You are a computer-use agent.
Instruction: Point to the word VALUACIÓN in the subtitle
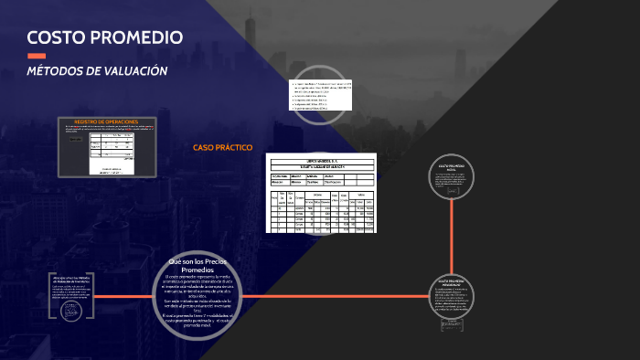(x=140, y=71)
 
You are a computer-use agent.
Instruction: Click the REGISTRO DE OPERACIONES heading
(x=105, y=121)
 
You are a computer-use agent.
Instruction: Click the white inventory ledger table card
(x=321, y=193)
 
